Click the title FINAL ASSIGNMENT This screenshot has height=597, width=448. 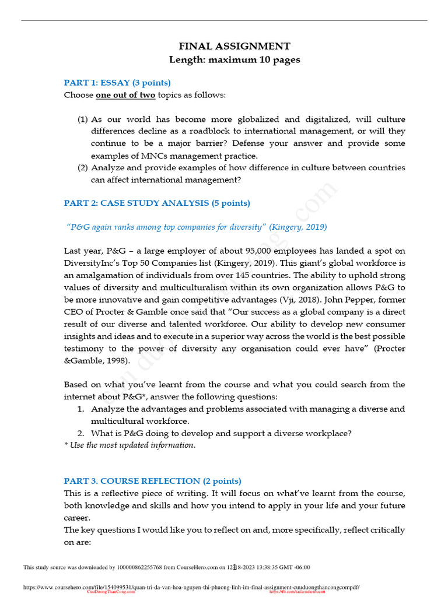(234, 46)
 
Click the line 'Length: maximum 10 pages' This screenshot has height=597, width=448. (235, 60)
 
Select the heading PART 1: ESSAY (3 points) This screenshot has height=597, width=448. (117, 82)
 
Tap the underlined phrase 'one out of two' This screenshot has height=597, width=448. (125, 95)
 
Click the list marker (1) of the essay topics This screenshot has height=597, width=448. (83, 119)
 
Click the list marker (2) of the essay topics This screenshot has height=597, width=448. (83, 167)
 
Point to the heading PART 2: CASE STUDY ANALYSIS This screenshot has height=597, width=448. (157, 203)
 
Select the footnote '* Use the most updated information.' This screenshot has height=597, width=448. (129, 445)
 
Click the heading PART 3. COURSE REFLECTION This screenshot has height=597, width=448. (152, 481)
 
